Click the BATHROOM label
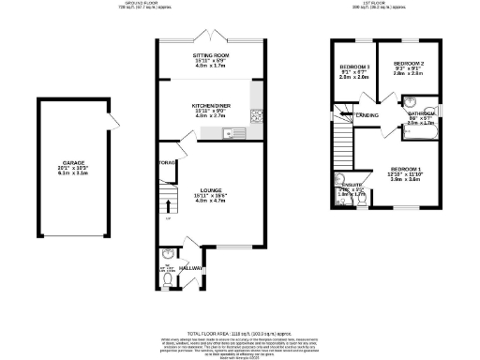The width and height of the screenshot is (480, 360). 421,113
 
